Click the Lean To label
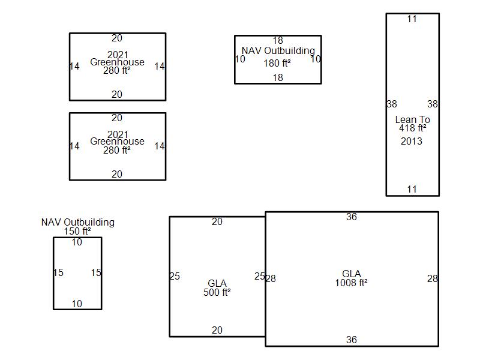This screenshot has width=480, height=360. pyautogui.click(x=412, y=119)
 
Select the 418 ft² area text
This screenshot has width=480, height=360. pyautogui.click(x=412, y=128)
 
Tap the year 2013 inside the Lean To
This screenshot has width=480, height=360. pyautogui.click(x=412, y=141)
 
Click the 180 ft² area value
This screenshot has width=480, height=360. pyautogui.click(x=277, y=63)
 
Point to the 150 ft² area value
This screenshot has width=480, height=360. pyautogui.click(x=77, y=231)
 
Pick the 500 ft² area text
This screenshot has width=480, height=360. pyautogui.click(x=217, y=292)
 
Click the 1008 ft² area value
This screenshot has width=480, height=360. pyautogui.click(x=351, y=283)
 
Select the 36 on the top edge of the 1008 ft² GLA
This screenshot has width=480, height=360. pyautogui.click(x=352, y=217)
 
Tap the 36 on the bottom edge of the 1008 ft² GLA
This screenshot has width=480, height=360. pyautogui.click(x=352, y=340)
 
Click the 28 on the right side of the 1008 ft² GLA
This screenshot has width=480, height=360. pyautogui.click(x=432, y=278)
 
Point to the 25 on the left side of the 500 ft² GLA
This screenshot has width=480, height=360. pyautogui.click(x=175, y=276)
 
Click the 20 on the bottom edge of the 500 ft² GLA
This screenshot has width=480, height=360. pyautogui.click(x=217, y=330)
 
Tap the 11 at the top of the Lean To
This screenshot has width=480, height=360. pyautogui.click(x=412, y=19)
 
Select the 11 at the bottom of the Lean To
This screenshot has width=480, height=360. pyautogui.click(x=412, y=189)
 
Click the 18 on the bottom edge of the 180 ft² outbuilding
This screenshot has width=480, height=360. pyautogui.click(x=278, y=77)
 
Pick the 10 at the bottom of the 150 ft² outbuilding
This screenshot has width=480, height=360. pyautogui.click(x=77, y=304)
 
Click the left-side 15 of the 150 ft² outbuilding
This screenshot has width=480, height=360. pyautogui.click(x=58, y=272)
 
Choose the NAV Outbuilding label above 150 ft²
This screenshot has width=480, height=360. pyautogui.click(x=78, y=222)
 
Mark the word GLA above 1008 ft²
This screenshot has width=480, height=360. pyautogui.click(x=352, y=274)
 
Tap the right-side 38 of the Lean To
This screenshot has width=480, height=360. pyautogui.click(x=432, y=104)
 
